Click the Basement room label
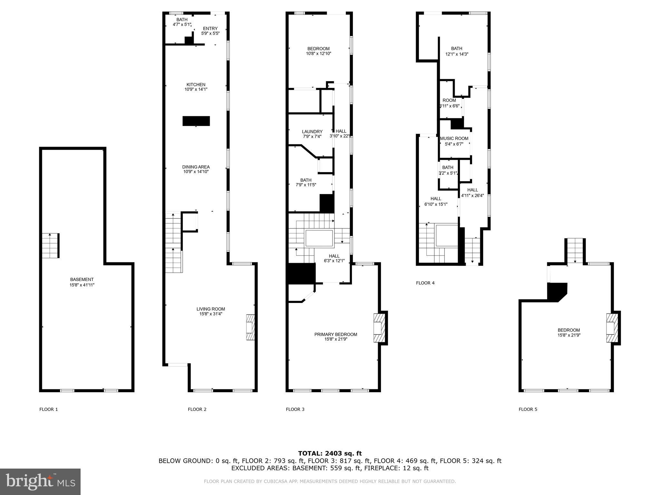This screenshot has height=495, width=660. [82, 280]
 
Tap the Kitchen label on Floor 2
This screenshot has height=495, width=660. [196, 85]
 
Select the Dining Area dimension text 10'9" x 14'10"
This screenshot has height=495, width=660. [196, 172]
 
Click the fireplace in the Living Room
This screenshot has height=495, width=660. [250, 327]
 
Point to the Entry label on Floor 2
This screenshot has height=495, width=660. [210, 29]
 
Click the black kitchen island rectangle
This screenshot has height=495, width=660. [196, 121]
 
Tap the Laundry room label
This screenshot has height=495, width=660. [312, 131]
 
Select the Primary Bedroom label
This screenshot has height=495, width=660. [335, 335]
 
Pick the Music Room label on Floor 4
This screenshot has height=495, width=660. [454, 139]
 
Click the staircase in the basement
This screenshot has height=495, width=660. [50, 246]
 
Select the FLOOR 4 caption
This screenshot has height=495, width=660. [425, 283]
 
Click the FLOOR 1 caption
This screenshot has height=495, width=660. [49, 409]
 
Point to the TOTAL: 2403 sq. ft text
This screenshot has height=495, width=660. [330, 453]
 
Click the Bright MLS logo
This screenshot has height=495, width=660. [40, 482]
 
